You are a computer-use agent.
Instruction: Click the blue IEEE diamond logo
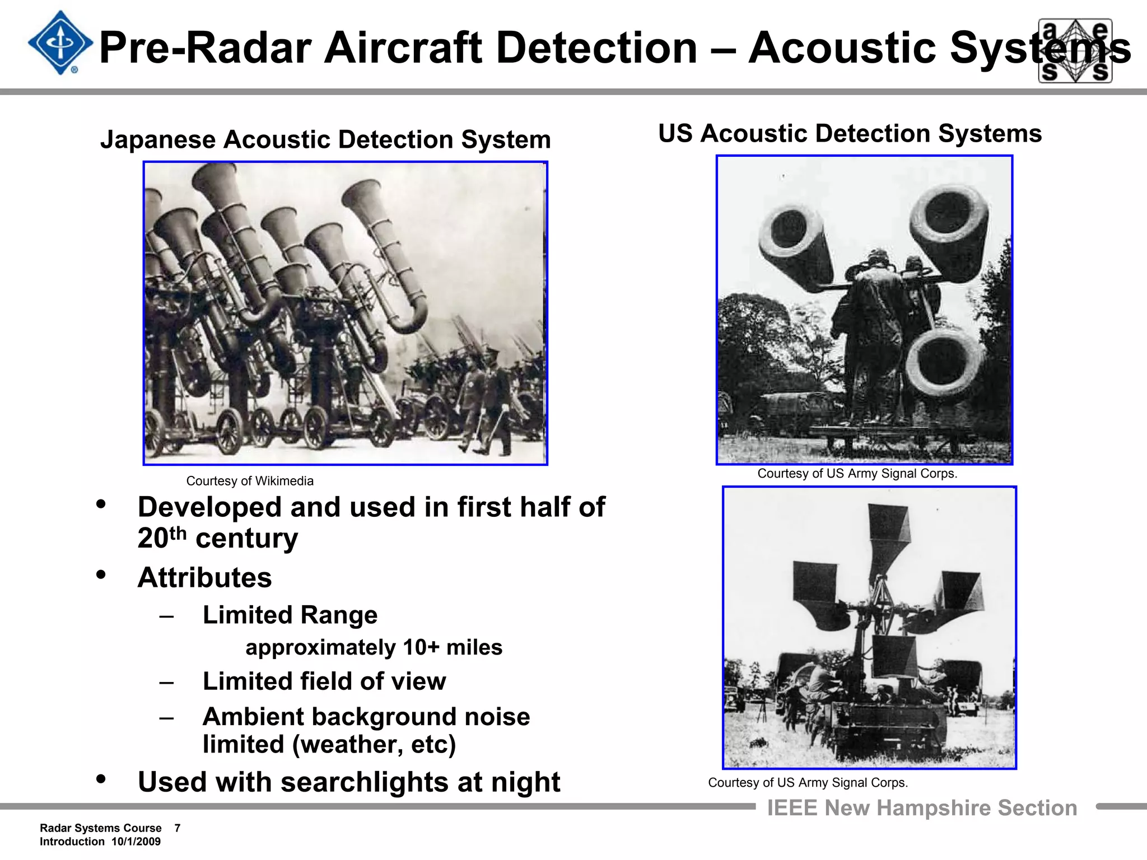coord(60,43)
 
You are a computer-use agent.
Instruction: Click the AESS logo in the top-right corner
coord(1075,50)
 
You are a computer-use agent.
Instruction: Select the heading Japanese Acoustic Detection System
coord(325,139)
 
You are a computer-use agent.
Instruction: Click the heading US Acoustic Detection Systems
coord(850,133)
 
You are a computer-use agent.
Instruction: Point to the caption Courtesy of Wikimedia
coord(250,481)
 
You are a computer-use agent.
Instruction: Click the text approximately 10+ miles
coord(374,647)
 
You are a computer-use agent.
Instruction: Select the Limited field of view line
coord(324,681)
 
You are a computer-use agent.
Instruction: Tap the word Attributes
coord(204,577)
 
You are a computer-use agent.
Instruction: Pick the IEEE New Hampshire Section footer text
coord(922,808)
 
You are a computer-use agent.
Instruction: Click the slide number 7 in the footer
coord(177,828)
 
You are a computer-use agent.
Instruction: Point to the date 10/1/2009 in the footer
coord(136,842)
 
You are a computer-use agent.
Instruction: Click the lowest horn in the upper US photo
coord(944,362)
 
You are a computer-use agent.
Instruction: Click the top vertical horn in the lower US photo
coord(888,532)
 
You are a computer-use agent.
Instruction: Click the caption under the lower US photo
coord(808,783)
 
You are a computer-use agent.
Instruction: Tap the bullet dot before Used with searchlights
coord(101,779)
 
